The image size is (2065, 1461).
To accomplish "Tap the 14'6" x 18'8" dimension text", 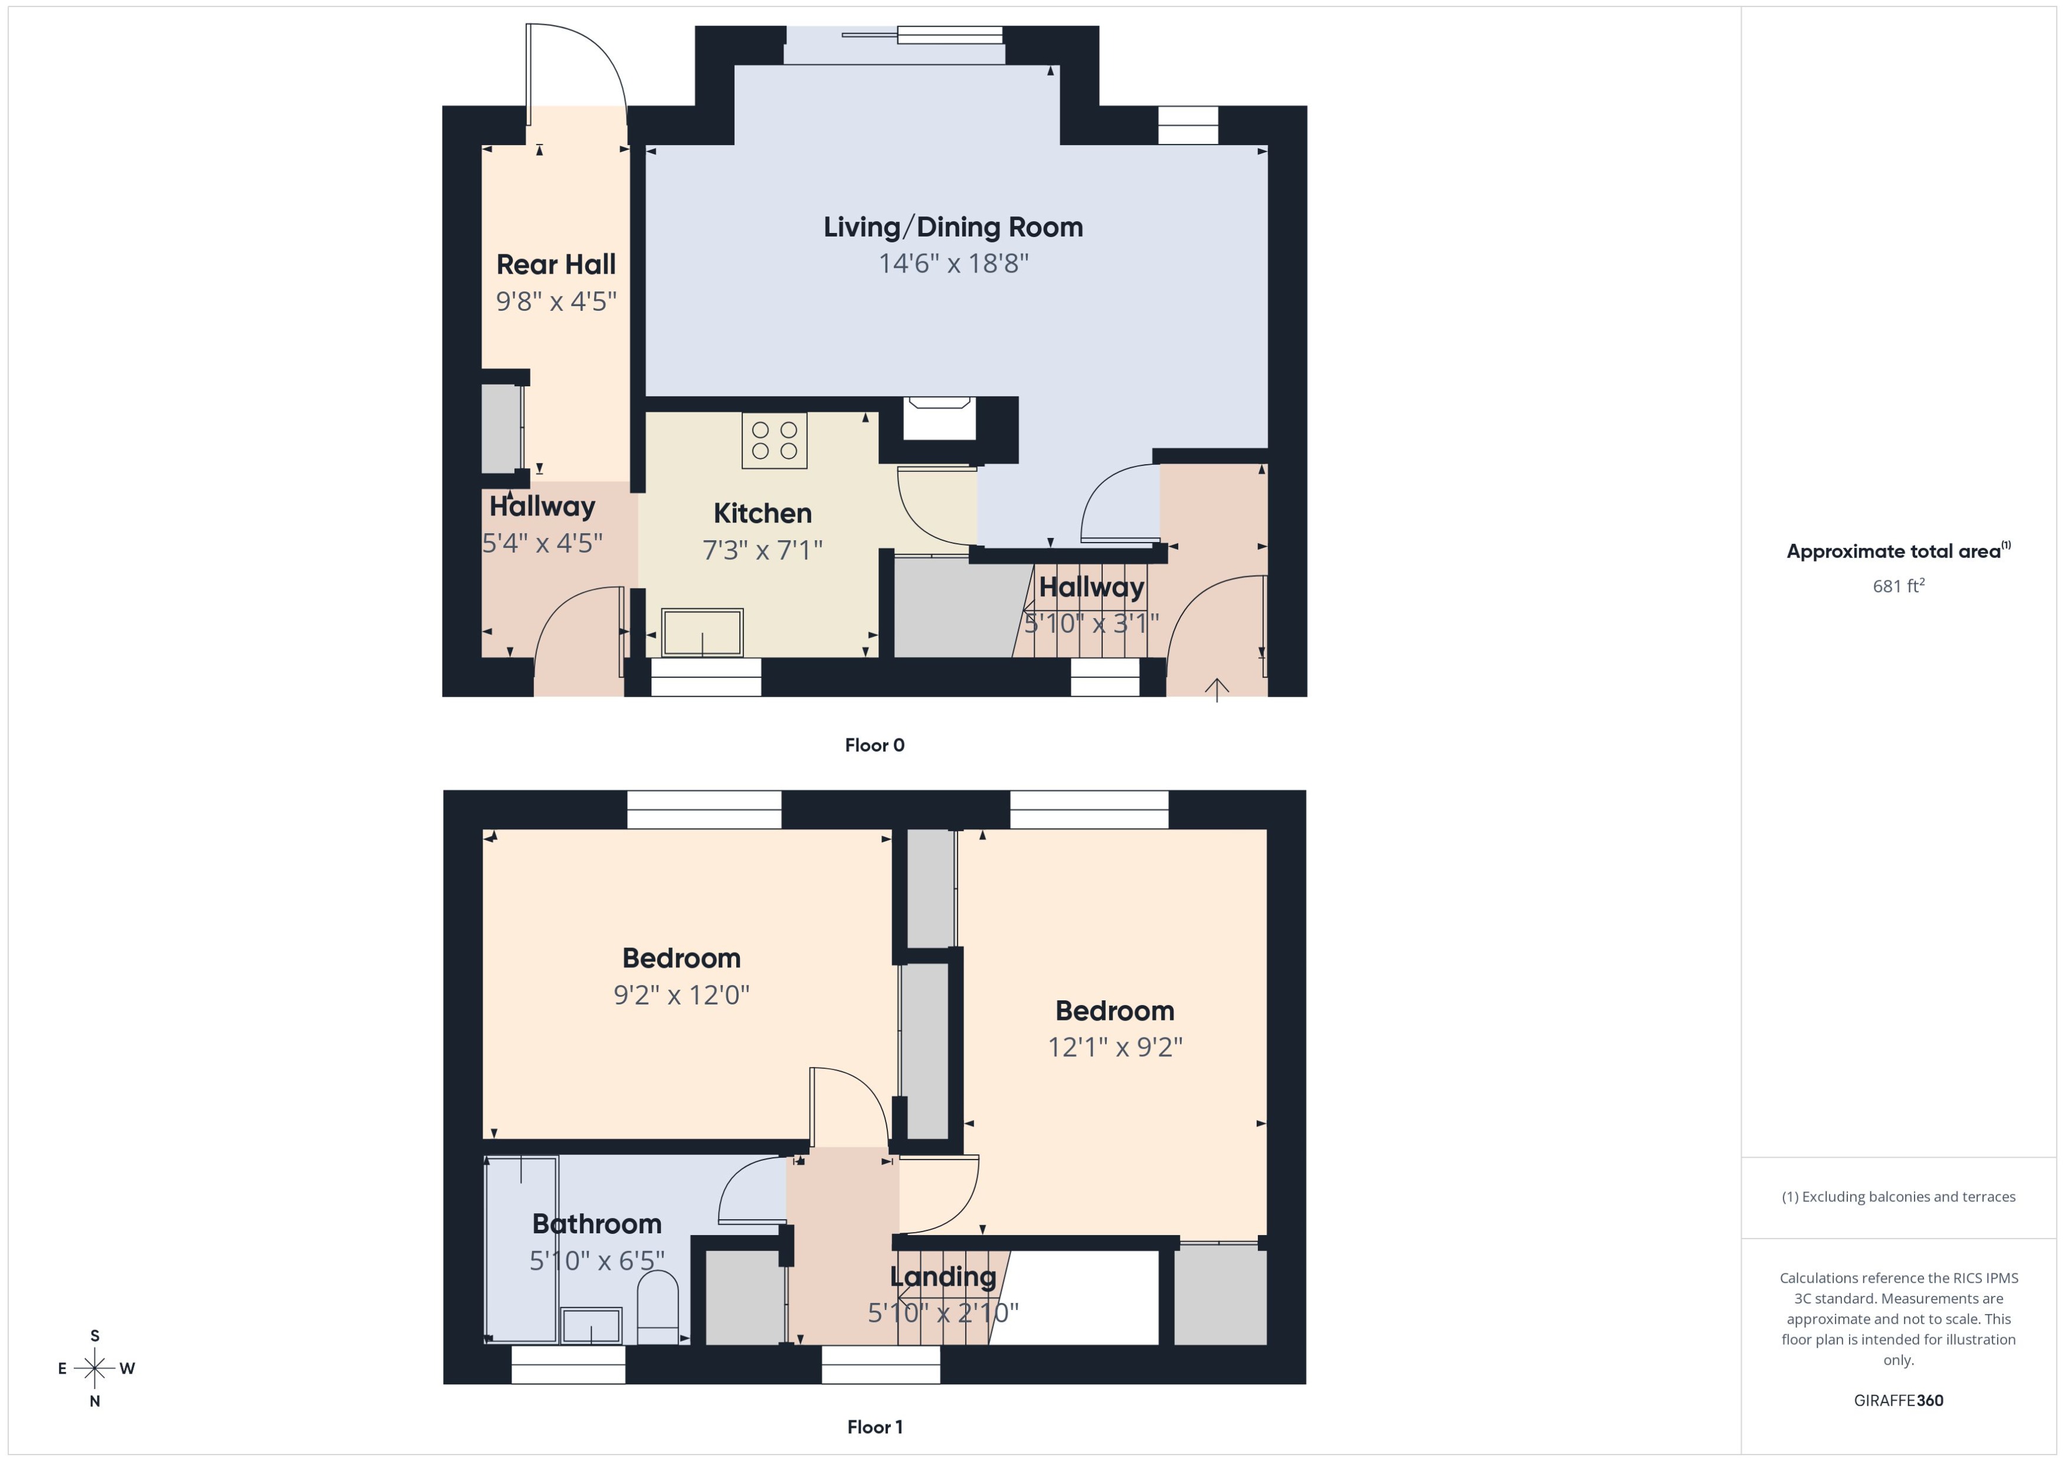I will coord(953,264).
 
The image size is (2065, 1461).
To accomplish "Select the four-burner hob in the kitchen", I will coord(774,440).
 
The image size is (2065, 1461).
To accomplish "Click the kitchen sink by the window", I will coord(702,632).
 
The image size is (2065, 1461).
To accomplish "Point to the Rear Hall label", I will coord(556,264).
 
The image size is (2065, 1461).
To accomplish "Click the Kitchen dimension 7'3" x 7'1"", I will coord(762,550).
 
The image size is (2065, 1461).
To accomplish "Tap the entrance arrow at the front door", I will coord(1217,689).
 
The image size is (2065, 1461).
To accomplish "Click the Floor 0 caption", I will coord(874,745).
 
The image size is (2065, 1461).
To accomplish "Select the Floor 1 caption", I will coord(874,1427).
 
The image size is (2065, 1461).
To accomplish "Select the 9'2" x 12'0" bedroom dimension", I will coord(681,995).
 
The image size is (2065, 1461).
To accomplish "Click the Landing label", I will coord(943,1276).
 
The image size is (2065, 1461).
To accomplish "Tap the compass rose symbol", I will coord(94,1368).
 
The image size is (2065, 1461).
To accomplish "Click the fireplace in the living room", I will coord(939,419).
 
